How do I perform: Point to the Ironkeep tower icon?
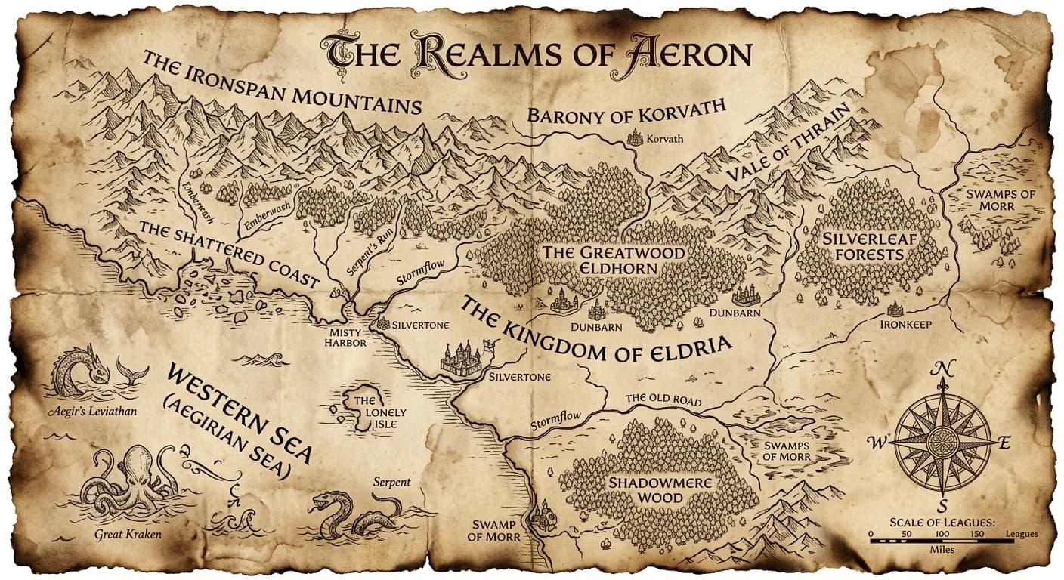[895, 309]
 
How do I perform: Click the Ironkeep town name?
[905, 325]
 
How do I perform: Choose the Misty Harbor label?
[345, 338]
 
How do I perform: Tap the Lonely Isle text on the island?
[377, 412]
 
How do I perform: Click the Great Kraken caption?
[128, 535]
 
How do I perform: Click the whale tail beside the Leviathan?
[132, 372]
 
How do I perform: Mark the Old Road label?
[663, 400]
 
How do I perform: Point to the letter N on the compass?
[942, 369]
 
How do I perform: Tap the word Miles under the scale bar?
[942, 550]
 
